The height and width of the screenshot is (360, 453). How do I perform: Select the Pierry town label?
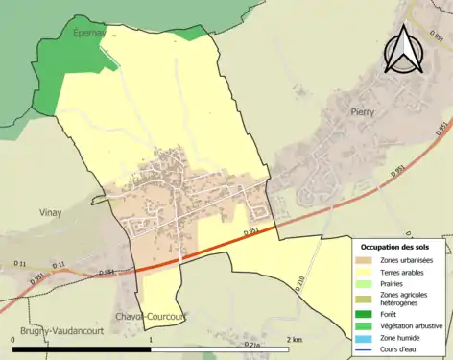pos(362,111)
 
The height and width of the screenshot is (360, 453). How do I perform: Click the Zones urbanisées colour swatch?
pos(363,261)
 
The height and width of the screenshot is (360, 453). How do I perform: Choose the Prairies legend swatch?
pos(363,286)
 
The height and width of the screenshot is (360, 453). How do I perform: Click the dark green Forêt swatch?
pos(363,314)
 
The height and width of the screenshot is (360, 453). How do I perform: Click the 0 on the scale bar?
pos(13,340)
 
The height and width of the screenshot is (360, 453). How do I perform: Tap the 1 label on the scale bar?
pos(151,340)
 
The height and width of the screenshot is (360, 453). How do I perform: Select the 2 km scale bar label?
pos(294,340)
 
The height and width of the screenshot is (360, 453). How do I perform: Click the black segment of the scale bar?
pos(82,348)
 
